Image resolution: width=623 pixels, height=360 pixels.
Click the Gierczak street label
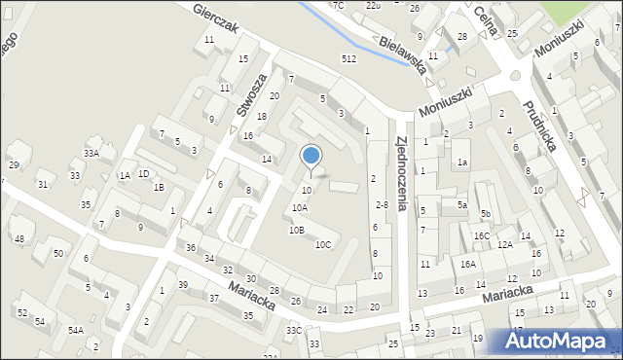point(215,19)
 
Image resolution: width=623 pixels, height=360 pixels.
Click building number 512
point(348,58)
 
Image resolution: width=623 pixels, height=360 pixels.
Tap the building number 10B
point(296,230)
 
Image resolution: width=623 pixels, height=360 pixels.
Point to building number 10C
point(322,244)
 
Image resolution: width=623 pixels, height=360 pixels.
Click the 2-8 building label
point(382,204)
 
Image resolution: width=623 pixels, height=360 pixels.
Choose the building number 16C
point(481,235)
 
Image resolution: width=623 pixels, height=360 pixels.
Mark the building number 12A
point(504,245)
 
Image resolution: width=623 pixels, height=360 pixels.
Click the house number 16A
point(467,264)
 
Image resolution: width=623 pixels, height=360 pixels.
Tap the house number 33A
point(92,153)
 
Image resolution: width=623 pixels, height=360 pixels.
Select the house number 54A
point(75,331)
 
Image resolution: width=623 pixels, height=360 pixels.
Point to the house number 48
point(18,238)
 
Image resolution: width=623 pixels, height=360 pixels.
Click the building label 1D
point(143,173)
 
